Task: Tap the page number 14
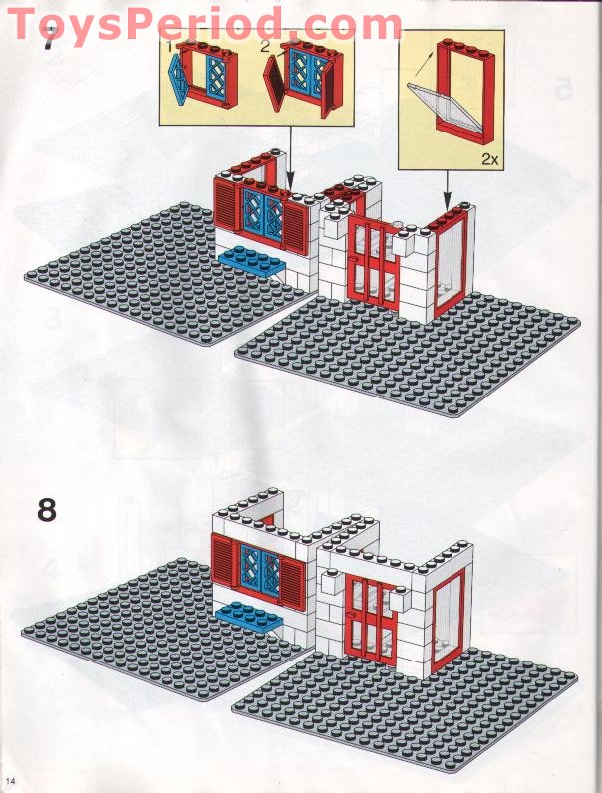click(11, 777)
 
